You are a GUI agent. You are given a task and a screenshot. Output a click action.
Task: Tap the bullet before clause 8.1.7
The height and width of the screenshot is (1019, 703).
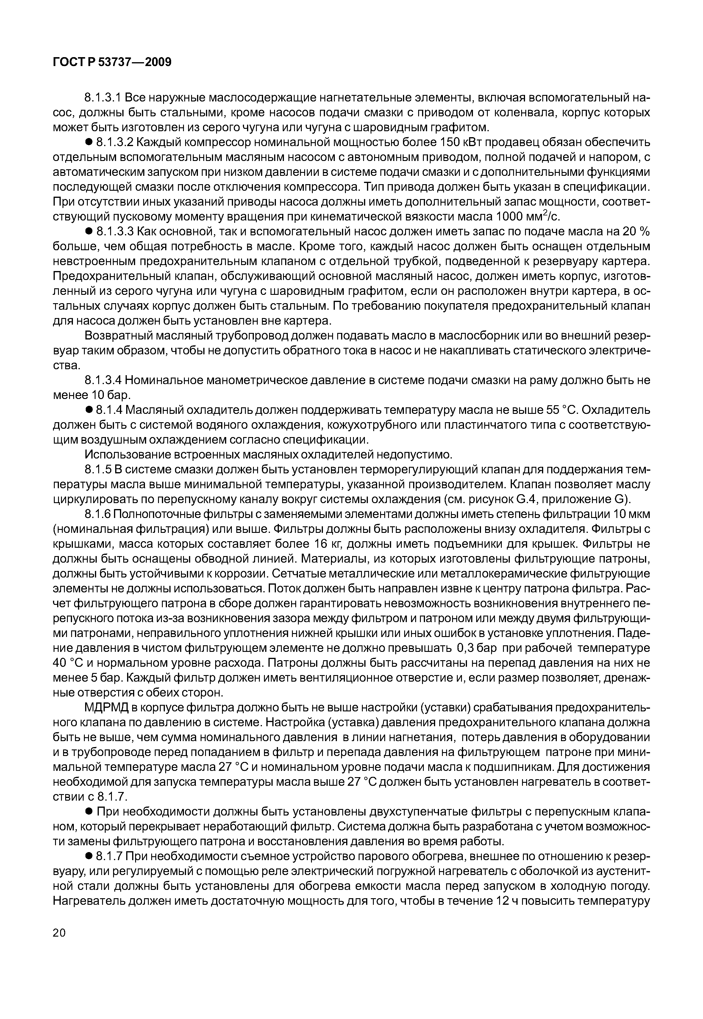click(x=88, y=857)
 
